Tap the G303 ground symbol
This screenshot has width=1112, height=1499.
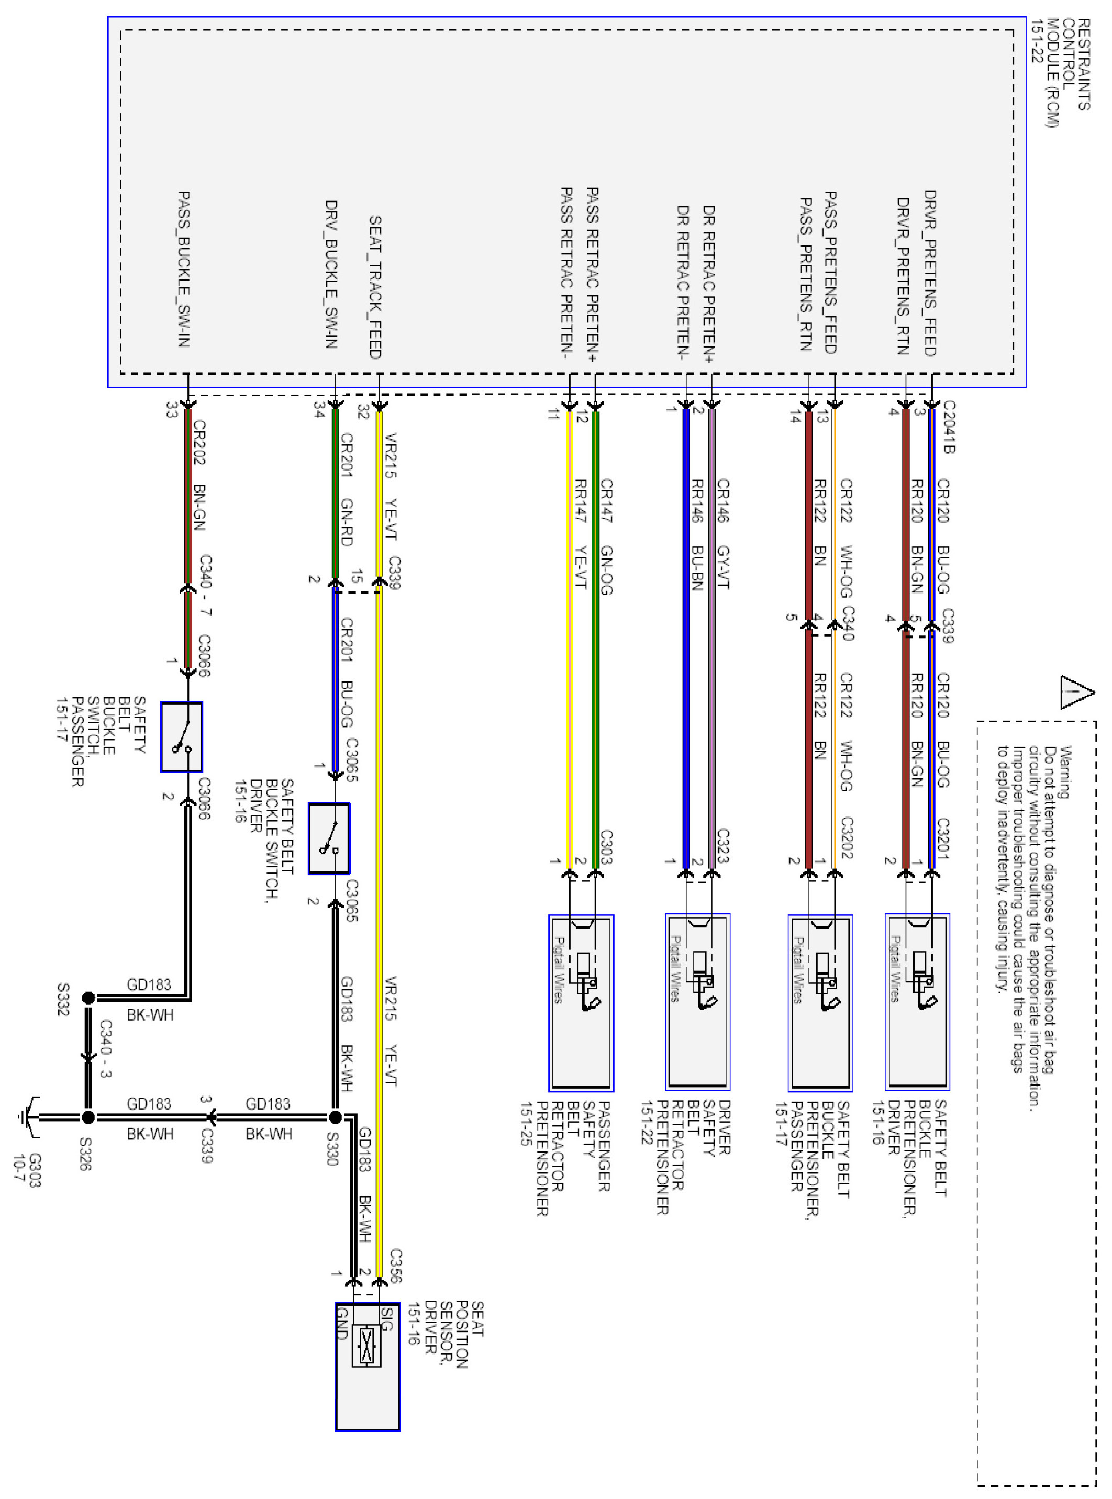[28, 1117]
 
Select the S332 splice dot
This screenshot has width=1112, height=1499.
[88, 998]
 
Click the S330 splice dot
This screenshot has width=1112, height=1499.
[335, 1117]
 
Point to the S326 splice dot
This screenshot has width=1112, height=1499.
[88, 1117]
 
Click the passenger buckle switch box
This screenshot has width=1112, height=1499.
[181, 737]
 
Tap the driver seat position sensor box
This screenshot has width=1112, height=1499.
[368, 1366]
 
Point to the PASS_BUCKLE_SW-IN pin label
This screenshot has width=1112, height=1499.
[184, 269]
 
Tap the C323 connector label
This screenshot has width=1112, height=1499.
[723, 846]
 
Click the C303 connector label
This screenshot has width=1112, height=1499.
[606, 846]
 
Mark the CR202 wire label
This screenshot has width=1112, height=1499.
[199, 442]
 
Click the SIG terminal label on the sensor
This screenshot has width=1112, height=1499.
[386, 1318]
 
